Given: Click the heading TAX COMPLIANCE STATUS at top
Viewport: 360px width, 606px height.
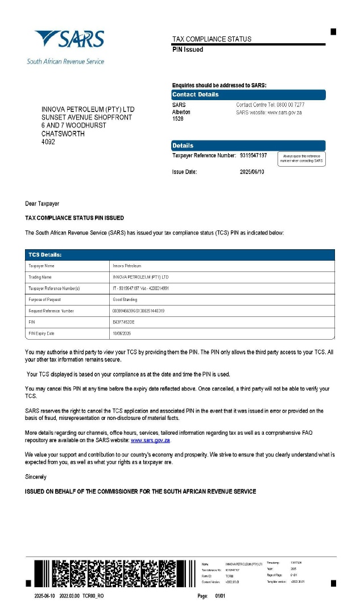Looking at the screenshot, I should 212,39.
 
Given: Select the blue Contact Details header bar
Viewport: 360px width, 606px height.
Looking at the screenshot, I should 248,94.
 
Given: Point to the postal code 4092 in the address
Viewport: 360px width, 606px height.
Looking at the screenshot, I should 49,142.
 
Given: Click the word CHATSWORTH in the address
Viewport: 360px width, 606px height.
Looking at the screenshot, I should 63,134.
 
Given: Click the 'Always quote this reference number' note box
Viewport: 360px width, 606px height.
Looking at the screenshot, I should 301,159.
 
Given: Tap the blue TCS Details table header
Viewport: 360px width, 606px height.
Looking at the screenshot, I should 180,255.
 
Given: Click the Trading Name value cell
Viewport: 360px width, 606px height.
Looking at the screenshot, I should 140,277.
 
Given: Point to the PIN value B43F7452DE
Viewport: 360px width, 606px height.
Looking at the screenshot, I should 127,322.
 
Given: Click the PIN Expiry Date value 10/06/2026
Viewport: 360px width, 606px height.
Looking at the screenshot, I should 123,333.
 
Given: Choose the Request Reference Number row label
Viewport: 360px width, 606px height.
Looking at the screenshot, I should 51,311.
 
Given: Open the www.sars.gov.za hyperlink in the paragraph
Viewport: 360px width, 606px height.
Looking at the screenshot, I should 150,440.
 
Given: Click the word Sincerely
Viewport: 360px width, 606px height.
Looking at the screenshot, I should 36,477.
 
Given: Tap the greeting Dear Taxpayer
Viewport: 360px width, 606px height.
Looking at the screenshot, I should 42,204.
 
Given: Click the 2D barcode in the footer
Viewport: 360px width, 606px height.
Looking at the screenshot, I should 114,573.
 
